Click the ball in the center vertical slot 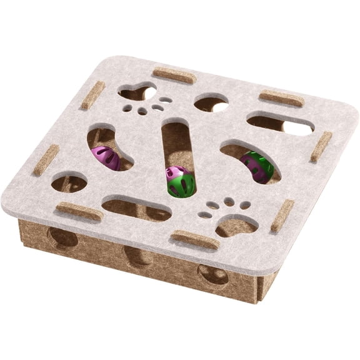click(180, 181)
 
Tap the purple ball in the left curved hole click(106, 157)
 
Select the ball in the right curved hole click(257, 167)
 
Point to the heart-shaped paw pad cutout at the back click(137, 93)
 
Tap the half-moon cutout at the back click(211, 103)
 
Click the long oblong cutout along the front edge click(136, 209)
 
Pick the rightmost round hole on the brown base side click(213, 274)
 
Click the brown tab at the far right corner click(321, 147)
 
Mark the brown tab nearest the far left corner click(92, 95)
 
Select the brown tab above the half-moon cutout click(174, 76)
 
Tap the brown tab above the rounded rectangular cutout click(281, 98)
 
